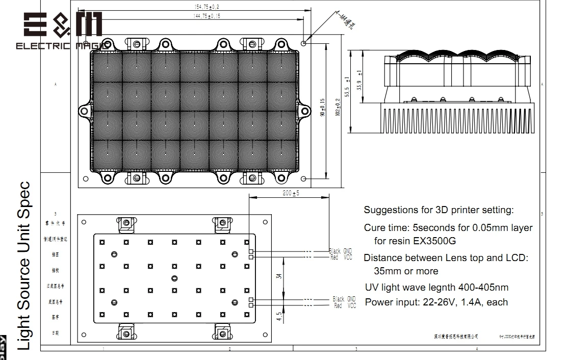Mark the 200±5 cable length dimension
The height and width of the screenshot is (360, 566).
click(291, 193)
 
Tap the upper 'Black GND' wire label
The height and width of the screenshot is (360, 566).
click(341, 251)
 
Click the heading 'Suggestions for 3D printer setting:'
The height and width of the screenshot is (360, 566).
click(439, 210)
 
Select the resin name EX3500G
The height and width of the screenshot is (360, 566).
click(434, 240)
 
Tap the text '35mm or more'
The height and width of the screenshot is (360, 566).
click(406, 271)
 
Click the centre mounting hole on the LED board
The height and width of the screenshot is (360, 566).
click(174, 277)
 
